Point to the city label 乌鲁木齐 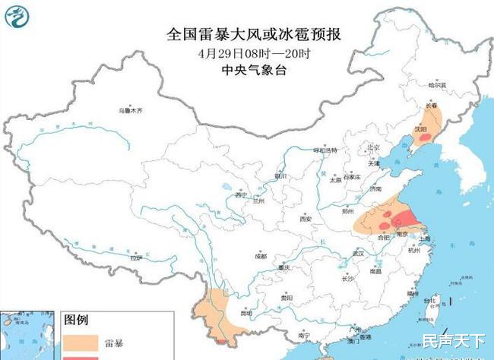(x=129, y=111)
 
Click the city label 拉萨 (x=136, y=258)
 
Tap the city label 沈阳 (x=419, y=130)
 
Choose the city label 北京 (x=373, y=148)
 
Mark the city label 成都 (x=261, y=256)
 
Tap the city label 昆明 (x=245, y=312)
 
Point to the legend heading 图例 (x=78, y=318)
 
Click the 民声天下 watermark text (x=454, y=339)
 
